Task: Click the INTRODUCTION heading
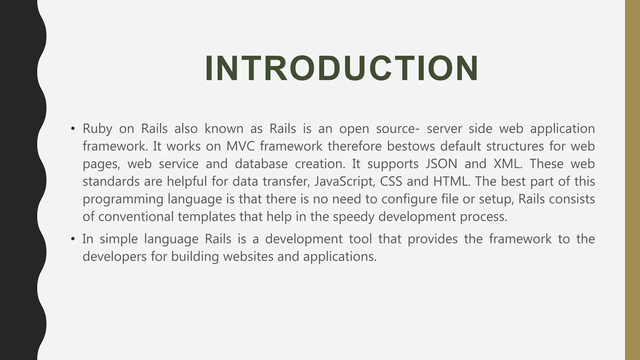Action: click(x=342, y=68)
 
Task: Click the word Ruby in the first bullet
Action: click(x=97, y=129)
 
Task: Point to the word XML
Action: click(x=507, y=164)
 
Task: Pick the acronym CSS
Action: click(x=391, y=182)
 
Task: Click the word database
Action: click(x=261, y=164)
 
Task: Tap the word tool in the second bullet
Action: click(x=360, y=239)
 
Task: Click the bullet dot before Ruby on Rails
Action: click(x=73, y=129)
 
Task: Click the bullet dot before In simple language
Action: click(x=73, y=239)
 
